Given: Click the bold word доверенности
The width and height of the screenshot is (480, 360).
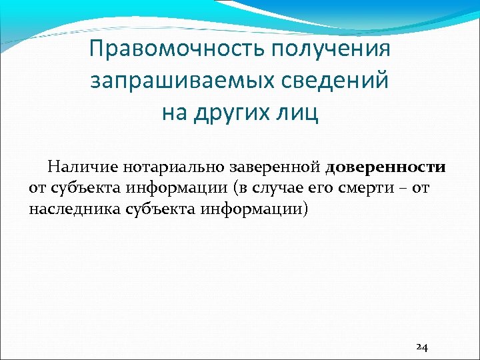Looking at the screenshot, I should pos(386,165).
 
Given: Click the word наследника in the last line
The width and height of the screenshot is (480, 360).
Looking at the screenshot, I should pos(73,209).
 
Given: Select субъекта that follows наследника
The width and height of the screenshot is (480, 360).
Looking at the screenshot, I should pos(159,209).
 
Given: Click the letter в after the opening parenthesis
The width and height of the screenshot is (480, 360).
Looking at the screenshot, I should pos(239,188).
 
